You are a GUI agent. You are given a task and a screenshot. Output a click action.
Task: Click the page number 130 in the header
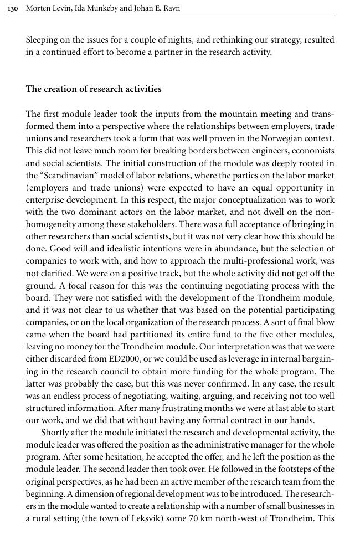tap(14, 8)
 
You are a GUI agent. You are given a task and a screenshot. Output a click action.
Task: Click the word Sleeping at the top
tap(44, 40)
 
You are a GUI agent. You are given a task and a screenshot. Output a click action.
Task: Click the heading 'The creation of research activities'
tap(94, 89)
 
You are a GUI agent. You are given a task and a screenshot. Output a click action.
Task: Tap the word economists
tap(313, 151)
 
